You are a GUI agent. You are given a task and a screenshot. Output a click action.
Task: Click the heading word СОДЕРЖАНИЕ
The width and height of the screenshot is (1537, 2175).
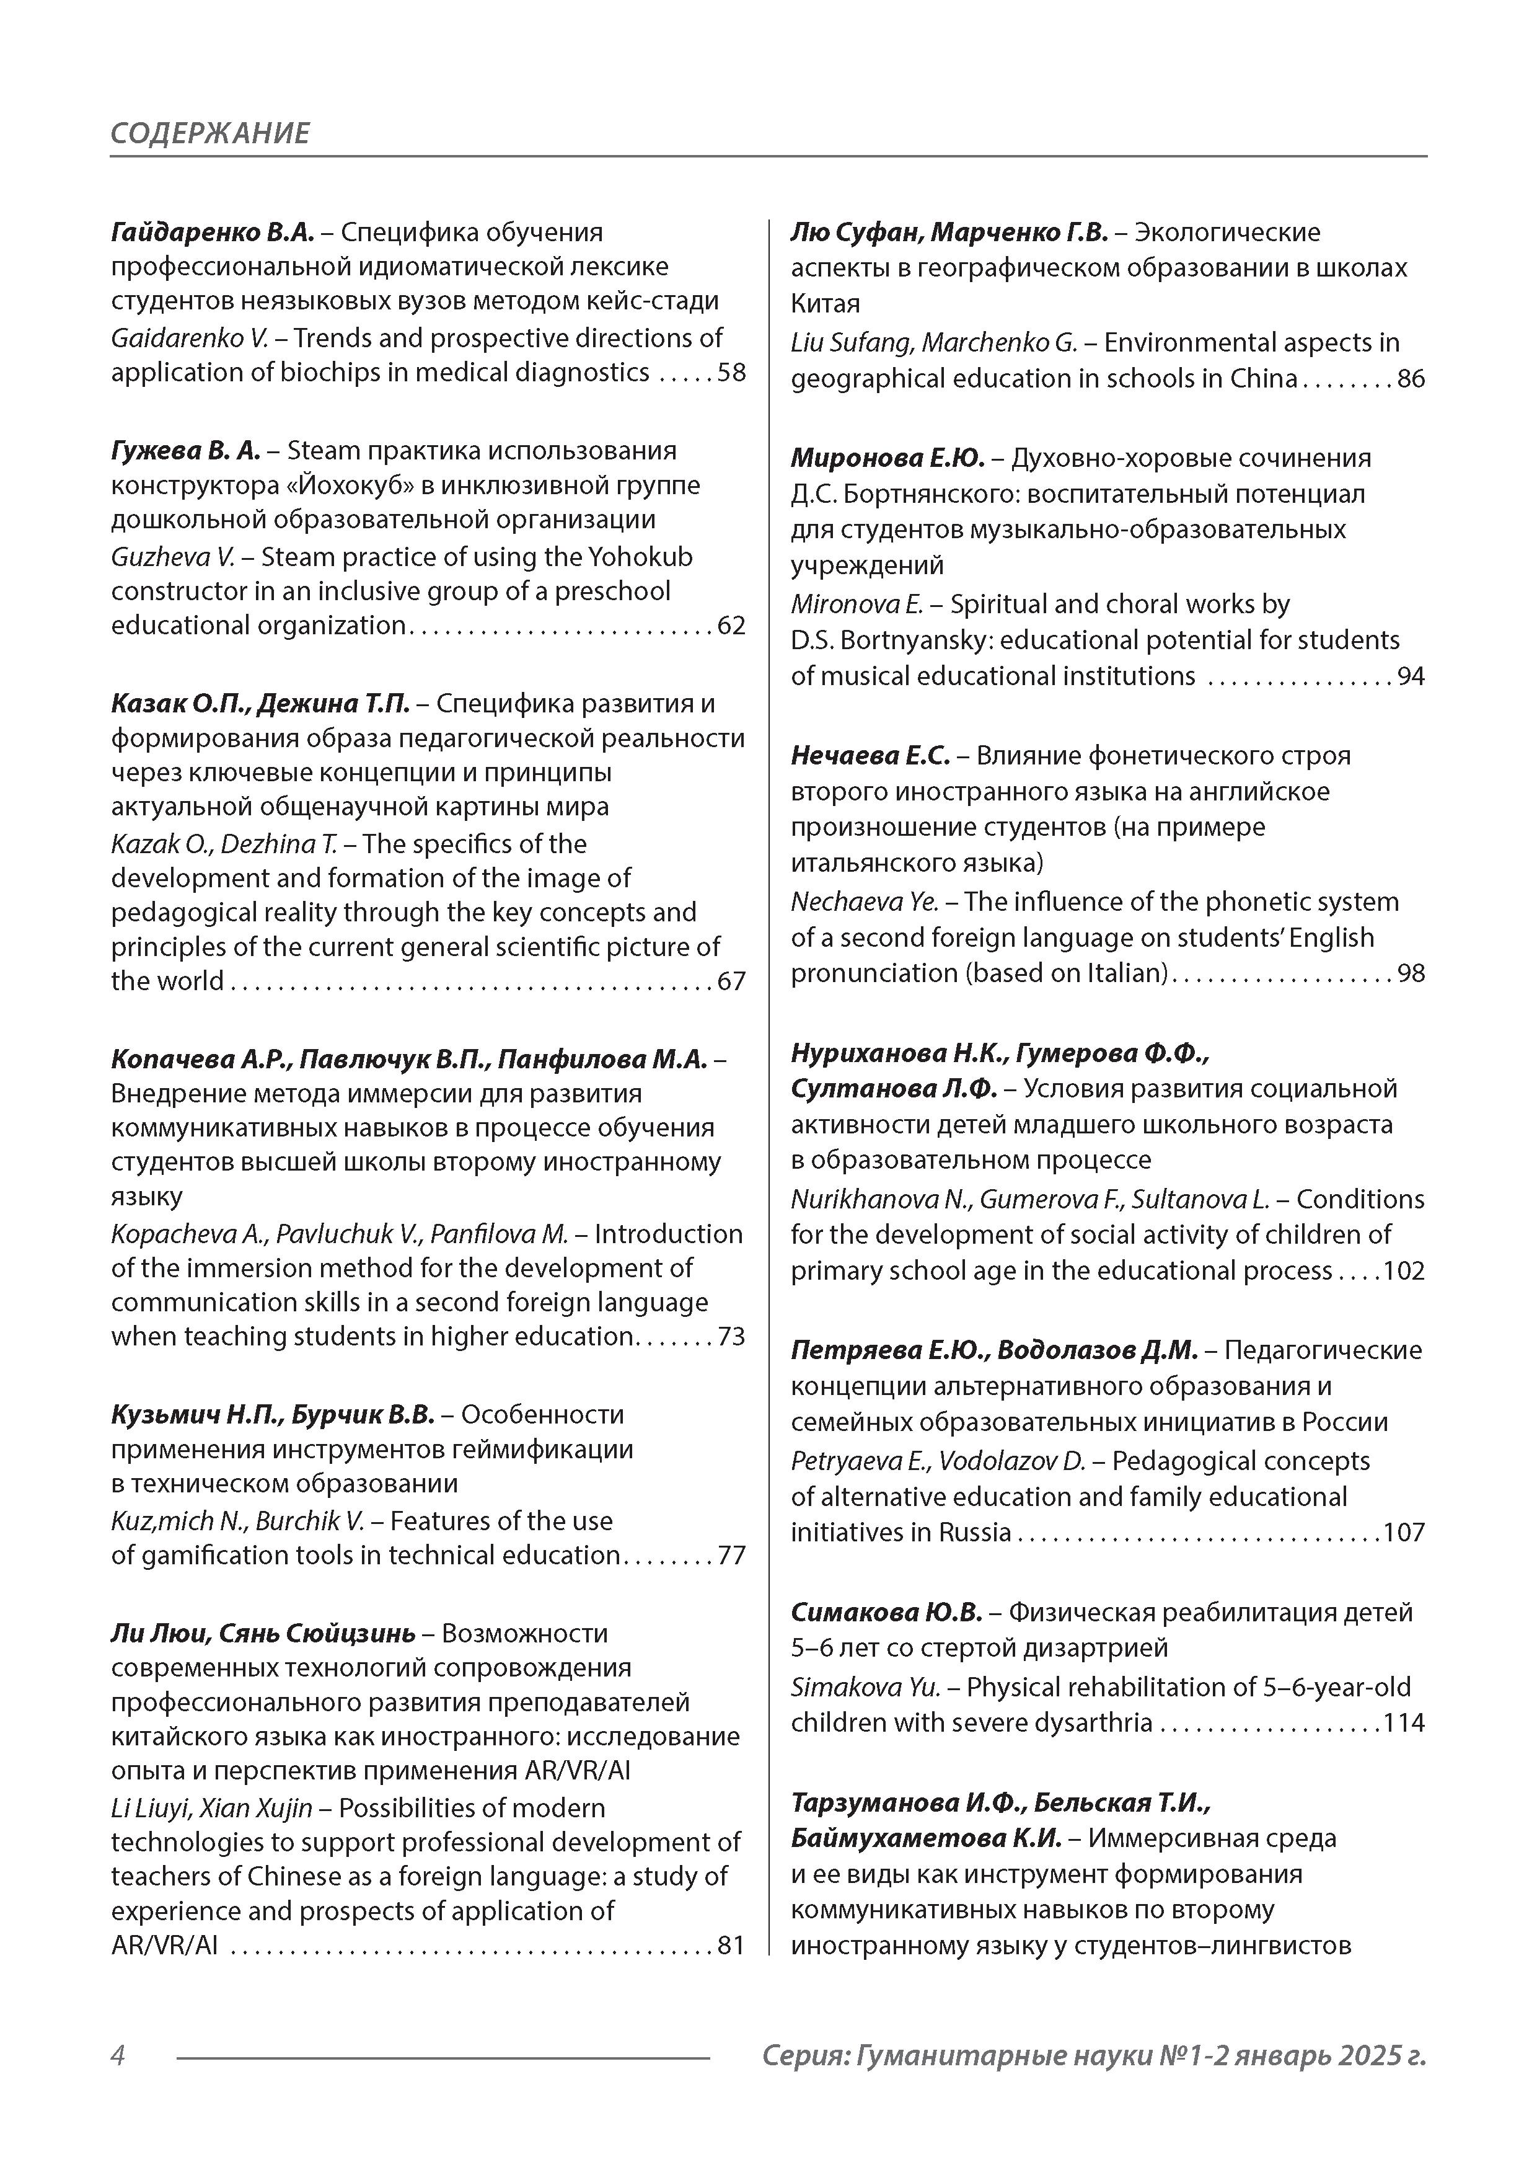(x=209, y=133)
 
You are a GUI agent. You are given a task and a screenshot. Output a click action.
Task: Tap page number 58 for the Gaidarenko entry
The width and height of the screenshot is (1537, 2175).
(x=731, y=372)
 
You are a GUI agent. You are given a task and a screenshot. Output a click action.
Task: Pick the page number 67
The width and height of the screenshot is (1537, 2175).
(x=731, y=981)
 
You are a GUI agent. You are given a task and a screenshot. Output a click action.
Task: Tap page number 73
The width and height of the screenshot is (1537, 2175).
(x=731, y=1337)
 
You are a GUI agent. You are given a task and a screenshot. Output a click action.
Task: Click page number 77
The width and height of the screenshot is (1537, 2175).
(x=731, y=1556)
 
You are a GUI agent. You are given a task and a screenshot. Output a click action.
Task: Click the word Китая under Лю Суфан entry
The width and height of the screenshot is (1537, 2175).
(x=825, y=304)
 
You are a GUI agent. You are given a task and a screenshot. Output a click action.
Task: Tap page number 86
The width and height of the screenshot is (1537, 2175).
(x=1411, y=379)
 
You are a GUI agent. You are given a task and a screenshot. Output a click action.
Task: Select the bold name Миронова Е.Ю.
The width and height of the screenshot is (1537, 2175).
(x=887, y=458)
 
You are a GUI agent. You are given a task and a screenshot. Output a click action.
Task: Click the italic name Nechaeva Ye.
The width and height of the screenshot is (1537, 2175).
(x=865, y=902)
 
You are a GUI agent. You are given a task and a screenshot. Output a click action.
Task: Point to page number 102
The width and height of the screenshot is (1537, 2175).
(x=1404, y=1271)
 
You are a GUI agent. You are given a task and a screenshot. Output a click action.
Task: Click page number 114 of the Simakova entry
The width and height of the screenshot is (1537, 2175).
(x=1404, y=1723)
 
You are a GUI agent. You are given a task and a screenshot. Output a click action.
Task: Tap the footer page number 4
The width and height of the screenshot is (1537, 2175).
(x=118, y=2055)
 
